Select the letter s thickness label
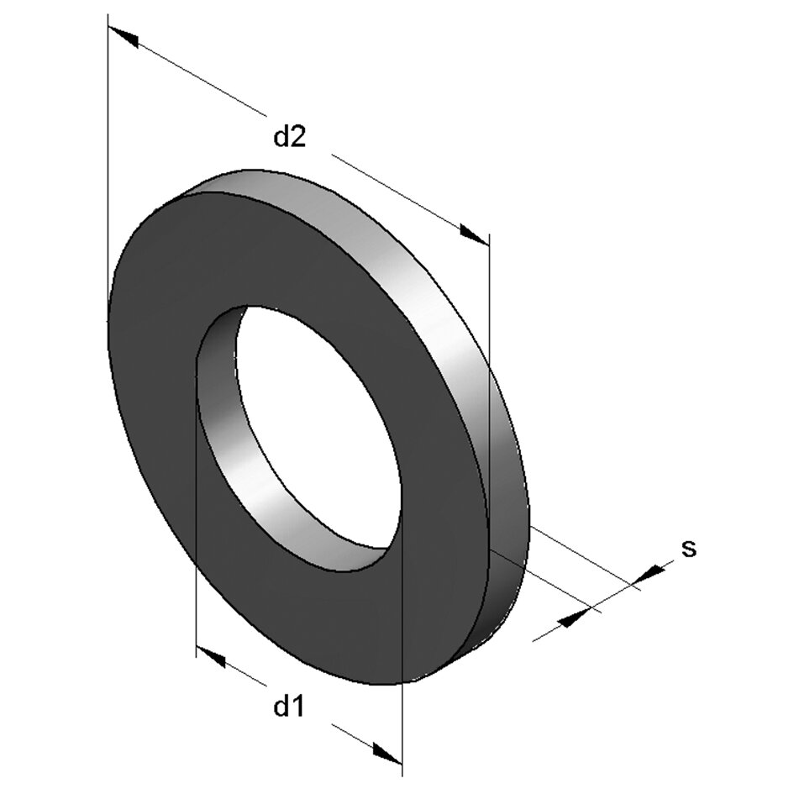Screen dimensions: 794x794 click(x=689, y=549)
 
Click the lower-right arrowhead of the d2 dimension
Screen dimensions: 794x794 click(x=473, y=234)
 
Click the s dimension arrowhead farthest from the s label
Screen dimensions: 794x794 click(x=573, y=619)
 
